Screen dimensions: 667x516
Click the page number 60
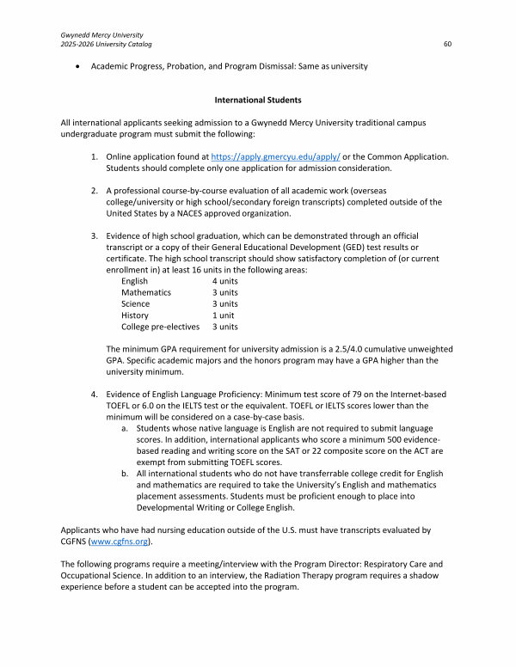coord(447,43)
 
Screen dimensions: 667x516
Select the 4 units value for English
coord(225,281)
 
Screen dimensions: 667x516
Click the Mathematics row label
coord(146,292)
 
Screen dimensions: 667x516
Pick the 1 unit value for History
coord(224,315)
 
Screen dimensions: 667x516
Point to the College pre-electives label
coord(160,327)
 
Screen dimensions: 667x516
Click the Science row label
coord(135,303)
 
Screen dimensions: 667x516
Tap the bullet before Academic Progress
coord(79,66)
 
